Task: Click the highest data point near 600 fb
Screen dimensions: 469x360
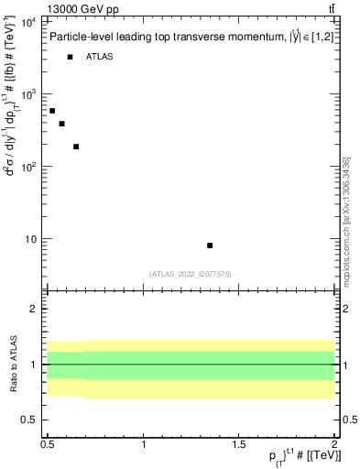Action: click(x=52, y=111)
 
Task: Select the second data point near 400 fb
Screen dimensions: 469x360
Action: click(x=61, y=124)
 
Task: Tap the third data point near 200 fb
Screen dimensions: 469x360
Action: click(x=76, y=147)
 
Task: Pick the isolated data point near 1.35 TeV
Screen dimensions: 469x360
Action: click(x=210, y=245)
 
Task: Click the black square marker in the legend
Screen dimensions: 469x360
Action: click(x=70, y=57)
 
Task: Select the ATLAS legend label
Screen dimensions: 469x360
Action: click(x=100, y=57)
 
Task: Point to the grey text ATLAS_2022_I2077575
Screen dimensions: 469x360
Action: click(x=190, y=274)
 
